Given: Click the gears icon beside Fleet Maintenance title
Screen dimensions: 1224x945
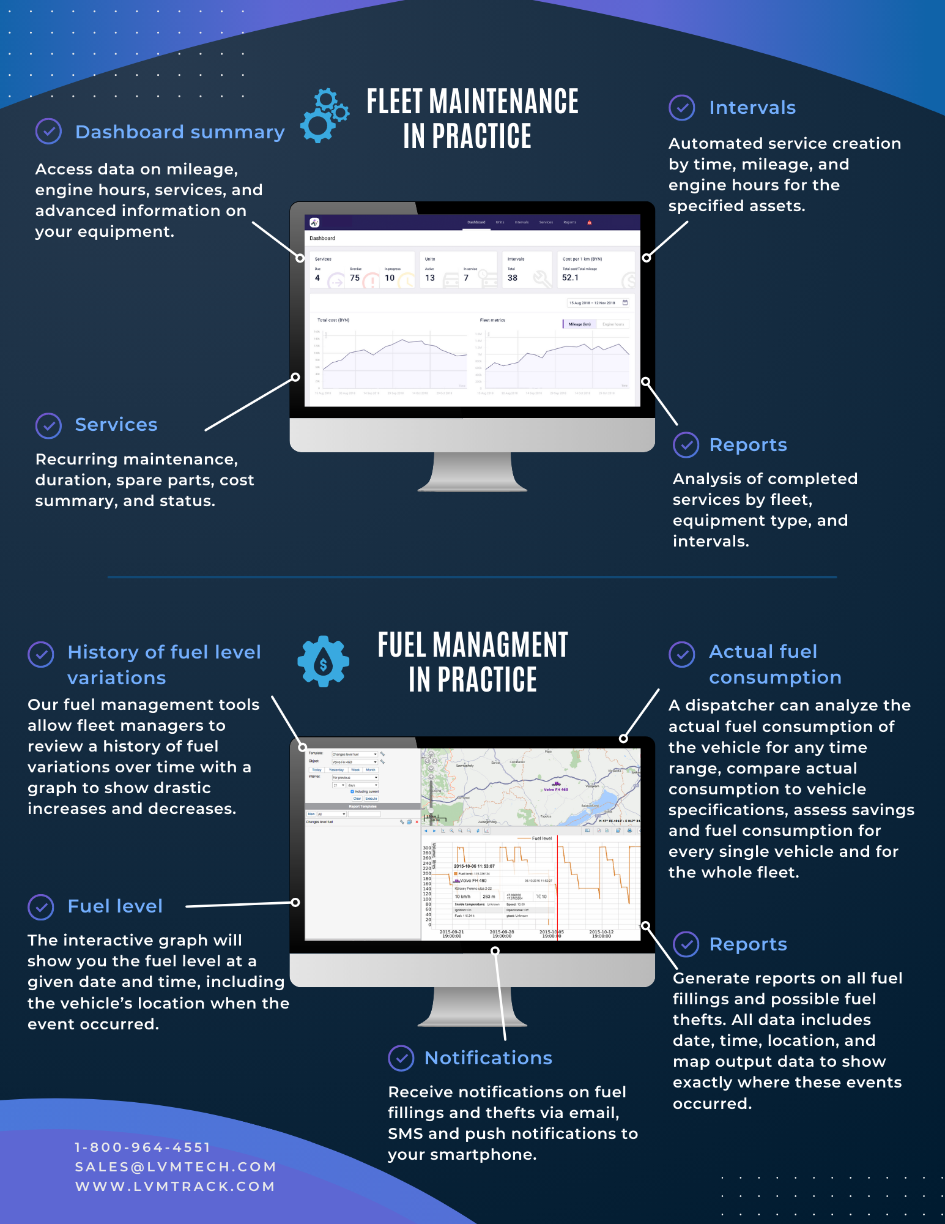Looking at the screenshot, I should click(x=324, y=116).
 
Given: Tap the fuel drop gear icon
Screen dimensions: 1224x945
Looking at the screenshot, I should click(x=323, y=662).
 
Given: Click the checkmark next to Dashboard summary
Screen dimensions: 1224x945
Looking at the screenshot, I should click(x=48, y=132).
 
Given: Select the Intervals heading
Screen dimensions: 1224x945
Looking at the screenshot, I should click(x=752, y=108).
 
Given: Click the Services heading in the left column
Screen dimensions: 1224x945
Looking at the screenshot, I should click(x=116, y=425).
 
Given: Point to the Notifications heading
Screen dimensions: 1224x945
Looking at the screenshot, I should click(x=488, y=1058).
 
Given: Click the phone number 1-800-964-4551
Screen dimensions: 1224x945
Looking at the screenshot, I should click(x=143, y=1147).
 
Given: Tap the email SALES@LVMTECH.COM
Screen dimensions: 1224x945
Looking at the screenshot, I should click(x=176, y=1167).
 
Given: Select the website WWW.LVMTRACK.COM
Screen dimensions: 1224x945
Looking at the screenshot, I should click(x=175, y=1187).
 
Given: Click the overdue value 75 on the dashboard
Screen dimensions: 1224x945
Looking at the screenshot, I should click(x=355, y=278).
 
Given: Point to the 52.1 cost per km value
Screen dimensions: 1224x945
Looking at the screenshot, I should click(x=570, y=278).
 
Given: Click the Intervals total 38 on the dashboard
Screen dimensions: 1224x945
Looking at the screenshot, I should click(x=513, y=278).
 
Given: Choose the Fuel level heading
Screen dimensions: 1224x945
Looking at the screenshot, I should click(x=115, y=906).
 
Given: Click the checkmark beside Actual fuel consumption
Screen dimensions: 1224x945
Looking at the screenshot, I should click(x=682, y=654).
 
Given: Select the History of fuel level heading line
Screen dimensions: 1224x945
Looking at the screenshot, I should click(x=164, y=652).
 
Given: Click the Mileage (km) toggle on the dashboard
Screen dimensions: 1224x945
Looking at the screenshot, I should click(x=579, y=324).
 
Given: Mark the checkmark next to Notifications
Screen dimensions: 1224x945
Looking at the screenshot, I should click(x=401, y=1058).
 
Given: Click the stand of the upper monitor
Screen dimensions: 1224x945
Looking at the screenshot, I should click(x=472, y=471).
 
